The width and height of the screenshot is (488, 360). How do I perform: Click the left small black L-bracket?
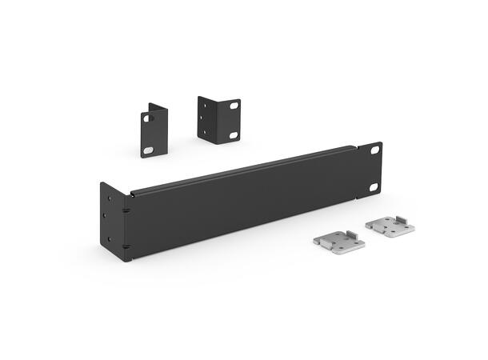click(154, 130)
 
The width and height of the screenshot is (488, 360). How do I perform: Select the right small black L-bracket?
click(218, 119)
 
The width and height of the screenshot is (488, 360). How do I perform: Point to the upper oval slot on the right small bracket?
click(234, 105)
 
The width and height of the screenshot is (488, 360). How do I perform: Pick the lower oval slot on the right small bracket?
click(233, 134)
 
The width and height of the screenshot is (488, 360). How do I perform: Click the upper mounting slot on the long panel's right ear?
click(376, 151)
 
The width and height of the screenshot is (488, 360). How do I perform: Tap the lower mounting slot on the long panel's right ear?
click(373, 187)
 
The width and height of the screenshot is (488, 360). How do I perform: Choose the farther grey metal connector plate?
click(390, 225)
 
